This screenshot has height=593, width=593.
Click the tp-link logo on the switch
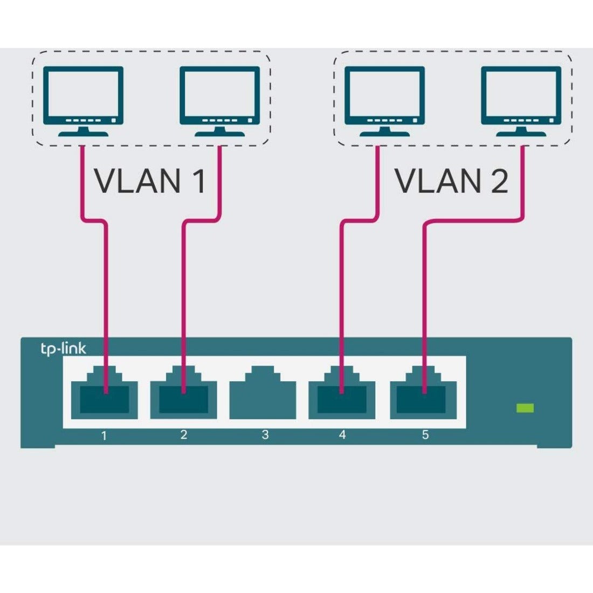tap(63, 349)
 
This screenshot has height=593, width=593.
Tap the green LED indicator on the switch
tap(525, 408)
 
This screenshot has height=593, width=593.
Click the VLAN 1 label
tap(150, 181)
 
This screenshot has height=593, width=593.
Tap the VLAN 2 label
tap(452, 181)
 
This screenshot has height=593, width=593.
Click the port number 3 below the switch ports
tap(265, 435)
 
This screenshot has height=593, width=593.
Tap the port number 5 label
tap(425, 435)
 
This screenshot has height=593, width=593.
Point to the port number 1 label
tap(104, 435)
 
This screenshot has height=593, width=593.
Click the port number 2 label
tap(183, 435)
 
